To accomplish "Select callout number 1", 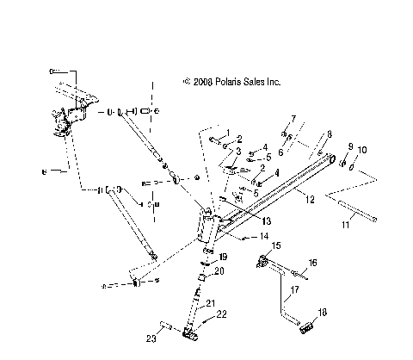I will (x=228, y=133).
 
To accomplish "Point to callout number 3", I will (x=238, y=152).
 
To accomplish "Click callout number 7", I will (x=293, y=118).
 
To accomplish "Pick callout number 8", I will (x=328, y=134).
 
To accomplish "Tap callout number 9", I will (x=350, y=146).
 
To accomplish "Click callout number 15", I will (x=276, y=246).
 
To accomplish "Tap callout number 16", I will (x=312, y=262).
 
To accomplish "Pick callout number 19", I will (x=222, y=257).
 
